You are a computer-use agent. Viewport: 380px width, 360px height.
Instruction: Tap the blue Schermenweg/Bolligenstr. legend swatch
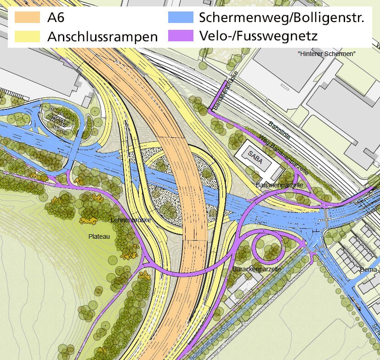(180, 18)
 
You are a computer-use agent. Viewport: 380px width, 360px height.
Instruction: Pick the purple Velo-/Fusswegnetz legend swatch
(180, 36)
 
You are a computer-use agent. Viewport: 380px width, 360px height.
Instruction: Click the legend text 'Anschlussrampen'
(102, 36)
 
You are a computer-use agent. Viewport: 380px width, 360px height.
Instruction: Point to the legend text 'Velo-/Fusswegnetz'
(259, 36)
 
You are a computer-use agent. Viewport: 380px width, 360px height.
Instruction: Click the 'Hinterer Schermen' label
(327, 54)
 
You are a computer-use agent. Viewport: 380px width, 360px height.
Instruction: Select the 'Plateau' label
(99, 236)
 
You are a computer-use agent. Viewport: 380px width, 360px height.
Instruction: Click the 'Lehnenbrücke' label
(131, 220)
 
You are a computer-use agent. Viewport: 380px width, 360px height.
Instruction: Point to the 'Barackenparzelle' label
(257, 269)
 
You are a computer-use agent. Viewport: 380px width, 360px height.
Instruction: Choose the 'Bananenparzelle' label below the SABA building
(279, 185)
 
